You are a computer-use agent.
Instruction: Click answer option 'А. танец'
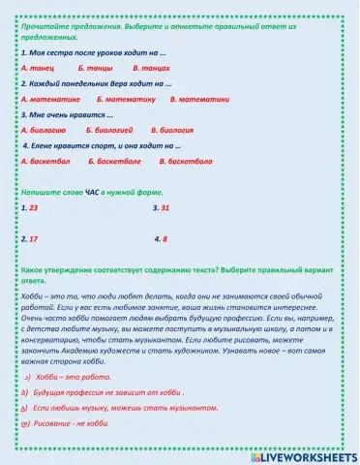39,69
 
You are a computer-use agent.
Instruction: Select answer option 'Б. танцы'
94,69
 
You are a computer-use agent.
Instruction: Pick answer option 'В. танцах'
151,69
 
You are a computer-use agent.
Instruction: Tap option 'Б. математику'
126,99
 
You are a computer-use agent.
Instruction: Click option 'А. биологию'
44,129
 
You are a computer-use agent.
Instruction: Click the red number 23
34,207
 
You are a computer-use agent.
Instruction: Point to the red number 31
165,207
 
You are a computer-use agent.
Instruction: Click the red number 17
34,238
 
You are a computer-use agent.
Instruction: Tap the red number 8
165,238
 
